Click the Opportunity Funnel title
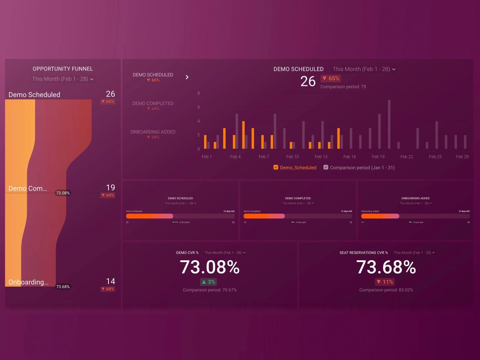point(63,69)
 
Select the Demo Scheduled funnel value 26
point(110,94)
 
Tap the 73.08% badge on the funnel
point(62,193)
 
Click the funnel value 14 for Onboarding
point(110,281)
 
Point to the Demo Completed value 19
point(110,188)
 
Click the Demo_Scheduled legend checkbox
point(276,168)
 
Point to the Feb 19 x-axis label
point(378,157)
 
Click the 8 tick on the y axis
point(199,94)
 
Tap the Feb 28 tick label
point(462,157)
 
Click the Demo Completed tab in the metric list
point(153,103)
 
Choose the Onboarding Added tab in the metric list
point(153,132)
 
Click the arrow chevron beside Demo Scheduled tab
point(187,77)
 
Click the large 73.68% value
point(386,267)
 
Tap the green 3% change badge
point(208,282)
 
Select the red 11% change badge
point(385,282)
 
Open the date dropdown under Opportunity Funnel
point(63,79)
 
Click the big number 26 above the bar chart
point(308,82)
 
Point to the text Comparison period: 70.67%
point(209,290)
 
